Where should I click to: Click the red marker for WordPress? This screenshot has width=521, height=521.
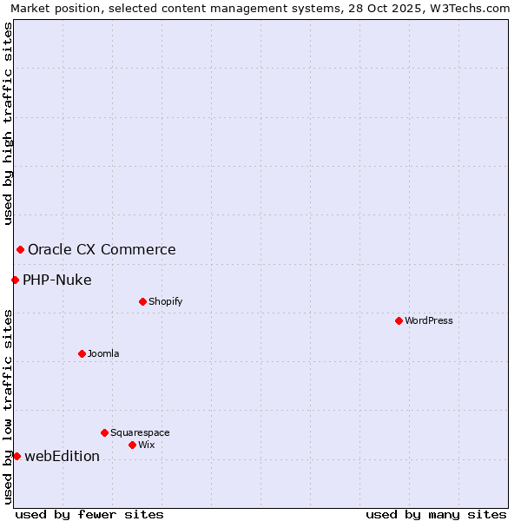tap(399, 320)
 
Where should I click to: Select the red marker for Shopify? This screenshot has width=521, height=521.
tap(142, 301)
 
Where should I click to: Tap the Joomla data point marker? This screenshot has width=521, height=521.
tap(82, 353)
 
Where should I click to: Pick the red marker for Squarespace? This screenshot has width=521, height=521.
tap(104, 432)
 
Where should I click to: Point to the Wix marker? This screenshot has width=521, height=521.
tap(132, 445)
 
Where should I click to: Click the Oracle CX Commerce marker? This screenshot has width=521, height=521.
tap(20, 250)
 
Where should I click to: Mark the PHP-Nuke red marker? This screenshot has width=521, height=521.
tap(15, 280)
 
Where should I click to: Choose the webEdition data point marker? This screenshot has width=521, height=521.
tap(16, 456)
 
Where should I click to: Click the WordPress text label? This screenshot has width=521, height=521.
tap(429, 320)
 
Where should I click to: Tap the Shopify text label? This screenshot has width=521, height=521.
tap(166, 301)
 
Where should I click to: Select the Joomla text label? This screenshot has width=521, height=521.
tap(103, 353)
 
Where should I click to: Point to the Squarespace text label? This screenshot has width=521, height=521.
tap(140, 432)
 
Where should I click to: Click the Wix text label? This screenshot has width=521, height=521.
tap(147, 445)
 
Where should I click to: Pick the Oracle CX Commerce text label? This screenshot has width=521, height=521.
tap(102, 250)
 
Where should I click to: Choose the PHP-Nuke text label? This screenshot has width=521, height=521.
tap(57, 280)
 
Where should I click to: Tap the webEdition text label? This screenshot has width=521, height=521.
tap(62, 456)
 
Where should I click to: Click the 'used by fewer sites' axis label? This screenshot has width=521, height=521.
tap(89, 514)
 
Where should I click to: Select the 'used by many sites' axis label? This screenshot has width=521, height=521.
tap(436, 514)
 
